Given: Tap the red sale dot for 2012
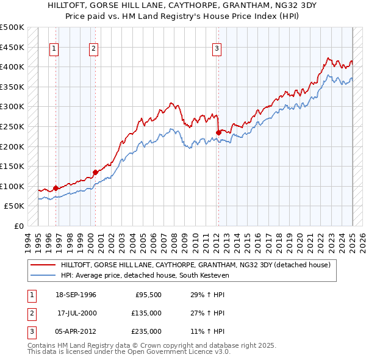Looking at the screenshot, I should [218, 132].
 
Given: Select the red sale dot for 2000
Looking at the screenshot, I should [95, 172].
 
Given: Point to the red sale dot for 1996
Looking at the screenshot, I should [56, 188].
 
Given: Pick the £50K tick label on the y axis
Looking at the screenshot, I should [14, 206].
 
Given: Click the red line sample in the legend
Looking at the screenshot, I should [43, 265].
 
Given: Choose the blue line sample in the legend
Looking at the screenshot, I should [43, 275].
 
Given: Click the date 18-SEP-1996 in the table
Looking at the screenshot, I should [76, 295].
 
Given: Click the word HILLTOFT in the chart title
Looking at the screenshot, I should [68, 4].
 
